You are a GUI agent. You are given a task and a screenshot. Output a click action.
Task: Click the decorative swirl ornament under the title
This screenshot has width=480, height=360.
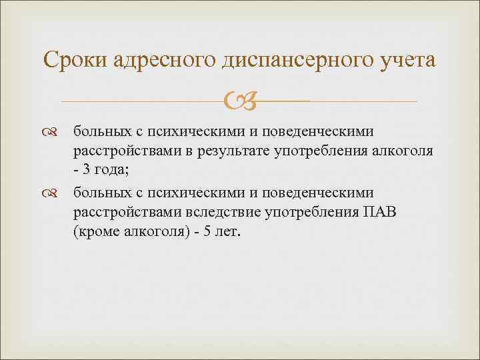click(239, 102)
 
